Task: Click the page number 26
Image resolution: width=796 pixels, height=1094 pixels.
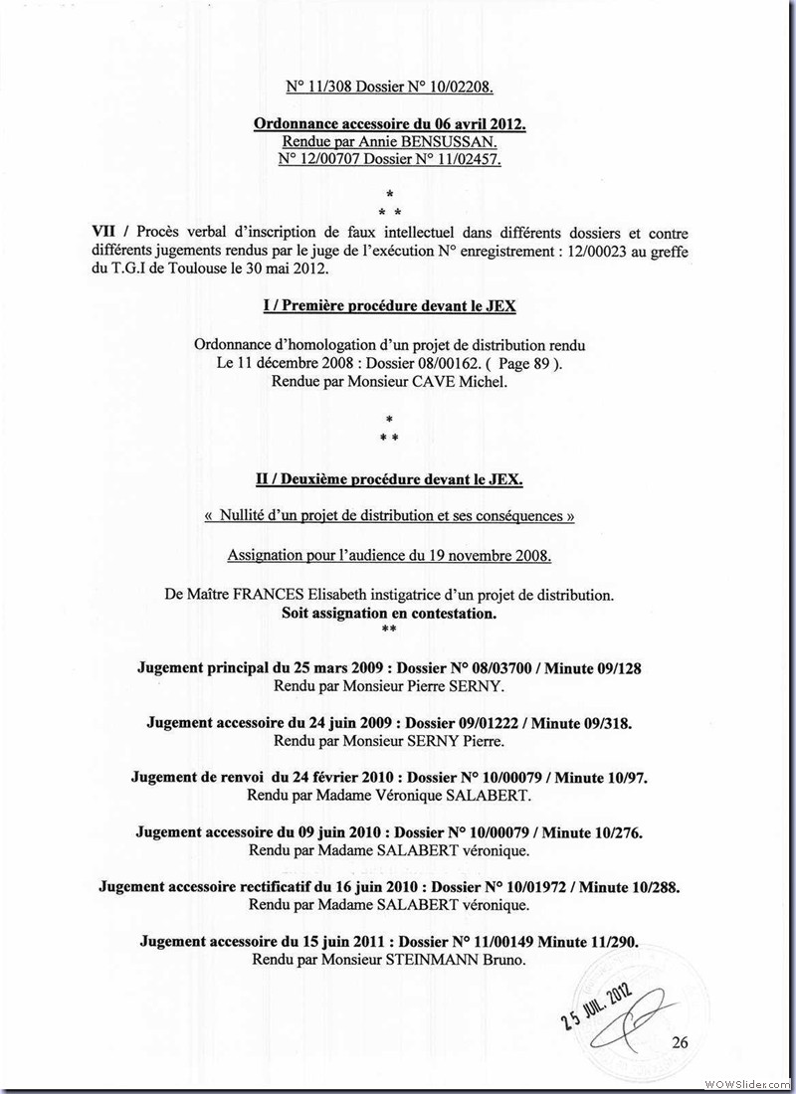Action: click(681, 1042)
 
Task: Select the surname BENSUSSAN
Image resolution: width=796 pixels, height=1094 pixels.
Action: click(482, 142)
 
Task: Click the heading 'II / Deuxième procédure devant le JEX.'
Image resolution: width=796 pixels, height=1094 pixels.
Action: click(389, 478)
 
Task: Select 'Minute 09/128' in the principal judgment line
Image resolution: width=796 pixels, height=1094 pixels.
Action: click(593, 667)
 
